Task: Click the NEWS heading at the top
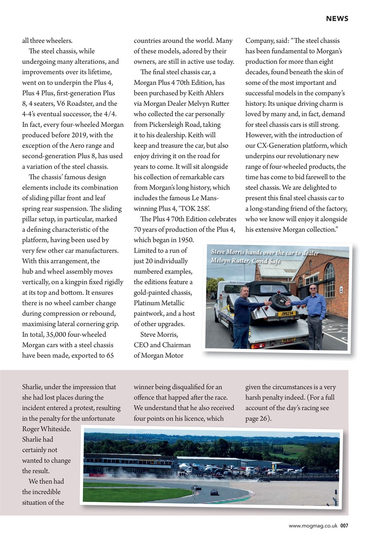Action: (337, 19)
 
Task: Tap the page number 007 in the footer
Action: (344, 526)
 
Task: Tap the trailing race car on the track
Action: (214, 492)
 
